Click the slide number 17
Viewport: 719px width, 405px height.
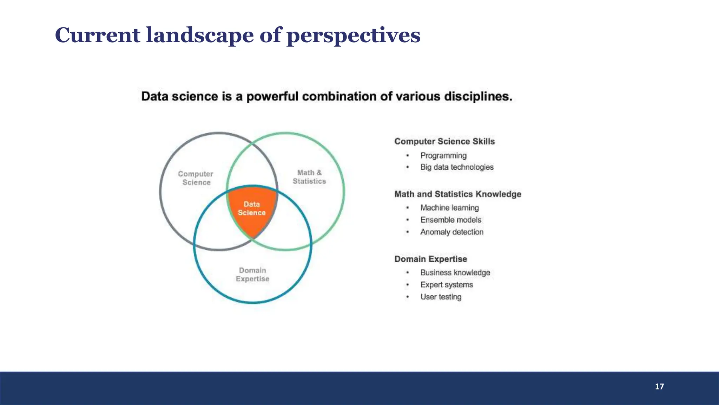point(659,386)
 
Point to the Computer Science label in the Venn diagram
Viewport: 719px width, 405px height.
point(196,178)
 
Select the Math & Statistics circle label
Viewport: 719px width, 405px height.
point(309,177)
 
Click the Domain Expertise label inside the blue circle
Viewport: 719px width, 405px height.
point(252,275)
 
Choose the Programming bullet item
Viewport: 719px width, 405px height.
point(443,155)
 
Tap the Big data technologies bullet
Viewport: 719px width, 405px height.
point(457,167)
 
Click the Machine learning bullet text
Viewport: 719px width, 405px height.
point(449,208)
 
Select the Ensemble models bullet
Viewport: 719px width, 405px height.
point(451,220)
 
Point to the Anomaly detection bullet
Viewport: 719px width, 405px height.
point(452,232)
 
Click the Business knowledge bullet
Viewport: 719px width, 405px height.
point(455,272)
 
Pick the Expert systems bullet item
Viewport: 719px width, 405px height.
point(447,285)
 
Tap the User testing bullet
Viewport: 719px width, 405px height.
point(441,297)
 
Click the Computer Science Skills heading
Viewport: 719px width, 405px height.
point(444,141)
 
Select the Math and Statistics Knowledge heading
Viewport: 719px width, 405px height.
point(458,194)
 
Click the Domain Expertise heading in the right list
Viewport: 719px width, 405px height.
point(431,259)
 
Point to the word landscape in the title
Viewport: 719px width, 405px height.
point(199,35)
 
